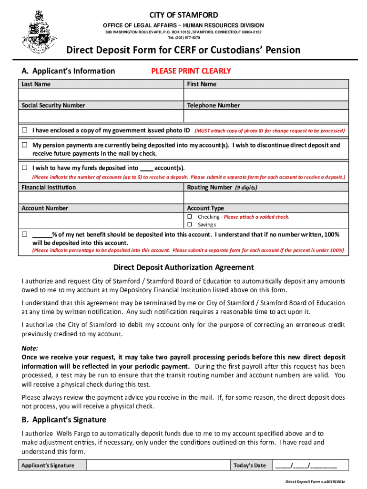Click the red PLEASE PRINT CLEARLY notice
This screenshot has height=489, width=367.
click(x=191, y=71)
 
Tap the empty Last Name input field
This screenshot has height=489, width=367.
click(x=101, y=95)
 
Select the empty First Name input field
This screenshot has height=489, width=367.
click(x=266, y=95)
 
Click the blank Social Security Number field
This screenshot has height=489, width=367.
click(x=101, y=116)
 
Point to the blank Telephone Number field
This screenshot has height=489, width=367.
click(x=266, y=116)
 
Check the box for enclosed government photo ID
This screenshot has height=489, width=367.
click(x=24, y=130)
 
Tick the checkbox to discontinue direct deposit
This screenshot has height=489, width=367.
click(x=24, y=145)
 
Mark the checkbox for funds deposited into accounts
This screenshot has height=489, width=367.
click(x=24, y=168)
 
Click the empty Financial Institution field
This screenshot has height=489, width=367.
click(x=101, y=198)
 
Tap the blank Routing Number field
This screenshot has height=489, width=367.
click(x=266, y=198)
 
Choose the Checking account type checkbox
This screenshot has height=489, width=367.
click(x=189, y=217)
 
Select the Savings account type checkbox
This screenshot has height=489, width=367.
click(x=189, y=224)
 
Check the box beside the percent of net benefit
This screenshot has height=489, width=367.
click(x=24, y=234)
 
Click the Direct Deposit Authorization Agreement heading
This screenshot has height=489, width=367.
click(x=183, y=267)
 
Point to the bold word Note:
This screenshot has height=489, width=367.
click(x=30, y=348)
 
